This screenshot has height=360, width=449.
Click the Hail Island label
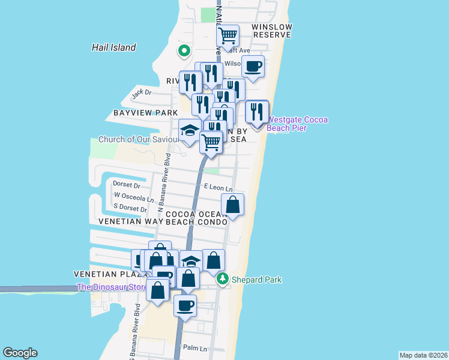(114, 47)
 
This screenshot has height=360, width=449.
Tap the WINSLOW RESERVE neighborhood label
(271, 31)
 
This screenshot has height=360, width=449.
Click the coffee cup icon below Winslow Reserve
(253, 65)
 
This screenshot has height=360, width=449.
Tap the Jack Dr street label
(142, 93)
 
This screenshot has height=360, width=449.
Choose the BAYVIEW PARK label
(145, 113)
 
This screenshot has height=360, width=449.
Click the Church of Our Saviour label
(139, 139)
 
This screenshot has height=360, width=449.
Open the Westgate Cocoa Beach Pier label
(298, 124)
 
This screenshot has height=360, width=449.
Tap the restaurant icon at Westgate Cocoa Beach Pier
(257, 111)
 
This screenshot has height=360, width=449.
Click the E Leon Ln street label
(218, 188)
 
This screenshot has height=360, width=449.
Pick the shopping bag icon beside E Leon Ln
(232, 205)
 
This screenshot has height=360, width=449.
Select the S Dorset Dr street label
(130, 208)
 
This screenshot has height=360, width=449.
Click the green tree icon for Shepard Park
(223, 279)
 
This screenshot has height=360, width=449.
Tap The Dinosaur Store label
(112, 287)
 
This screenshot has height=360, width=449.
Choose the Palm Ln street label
(195, 348)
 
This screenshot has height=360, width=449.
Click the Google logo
(20, 353)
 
